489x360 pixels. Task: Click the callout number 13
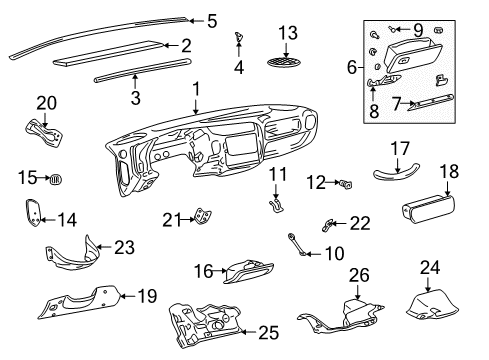pos(287,32)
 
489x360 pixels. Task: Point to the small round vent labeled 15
pos(56,180)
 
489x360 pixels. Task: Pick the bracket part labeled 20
pos(44,132)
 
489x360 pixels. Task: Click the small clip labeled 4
pos(238,39)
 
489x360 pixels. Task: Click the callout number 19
pos(147,295)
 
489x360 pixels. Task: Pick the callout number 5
pos(212,19)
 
